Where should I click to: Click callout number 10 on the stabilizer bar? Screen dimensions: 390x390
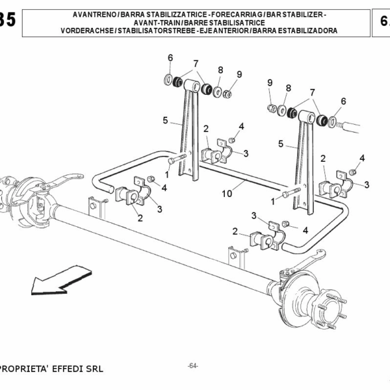(x=227, y=193)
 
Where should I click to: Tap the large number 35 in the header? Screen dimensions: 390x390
(x=8, y=19)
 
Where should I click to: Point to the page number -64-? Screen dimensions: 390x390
(x=192, y=365)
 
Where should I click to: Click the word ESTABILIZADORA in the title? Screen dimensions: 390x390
(x=307, y=31)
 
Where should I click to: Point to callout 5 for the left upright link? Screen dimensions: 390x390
(x=166, y=120)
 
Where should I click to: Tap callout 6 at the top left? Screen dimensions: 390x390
(x=170, y=58)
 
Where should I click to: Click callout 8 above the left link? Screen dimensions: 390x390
(x=220, y=70)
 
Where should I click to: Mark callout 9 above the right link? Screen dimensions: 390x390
(x=270, y=83)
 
